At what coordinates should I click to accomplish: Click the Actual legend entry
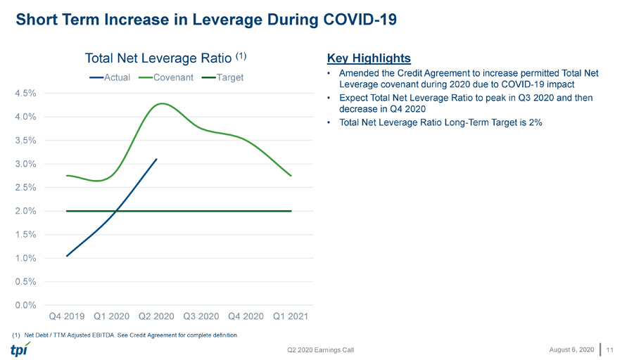110,77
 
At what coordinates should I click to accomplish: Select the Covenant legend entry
166,77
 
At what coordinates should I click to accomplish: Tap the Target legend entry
223,77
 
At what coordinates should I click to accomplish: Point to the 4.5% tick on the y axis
26,94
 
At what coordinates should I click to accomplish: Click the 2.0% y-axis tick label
26,211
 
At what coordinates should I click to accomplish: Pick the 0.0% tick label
26,305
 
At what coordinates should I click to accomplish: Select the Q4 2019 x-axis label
67,316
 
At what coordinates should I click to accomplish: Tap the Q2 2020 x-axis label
156,316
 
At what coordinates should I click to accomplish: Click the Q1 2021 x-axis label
291,316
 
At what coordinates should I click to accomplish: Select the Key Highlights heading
369,58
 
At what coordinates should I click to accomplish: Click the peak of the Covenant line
163,103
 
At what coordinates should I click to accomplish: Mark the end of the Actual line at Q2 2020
156,160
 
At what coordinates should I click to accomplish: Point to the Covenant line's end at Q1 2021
291,176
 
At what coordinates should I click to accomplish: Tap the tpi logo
20,349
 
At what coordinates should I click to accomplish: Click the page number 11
610,349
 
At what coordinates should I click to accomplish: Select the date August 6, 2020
571,349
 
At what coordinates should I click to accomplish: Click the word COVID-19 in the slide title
360,20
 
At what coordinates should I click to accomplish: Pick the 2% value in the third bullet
535,122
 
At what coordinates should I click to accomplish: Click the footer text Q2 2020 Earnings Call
321,349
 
